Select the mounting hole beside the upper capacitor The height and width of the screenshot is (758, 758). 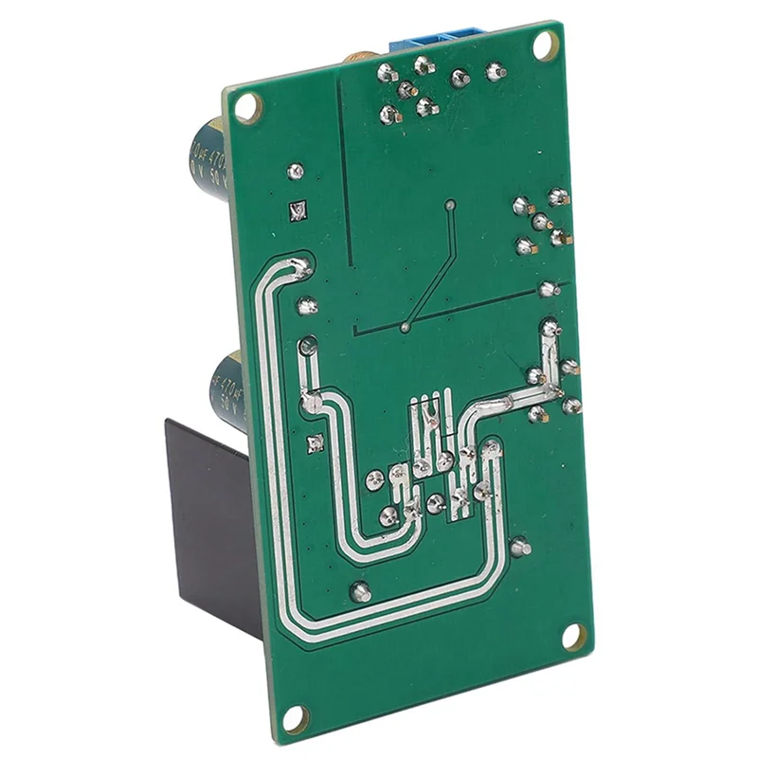(246, 108)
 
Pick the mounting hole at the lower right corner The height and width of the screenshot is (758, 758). (573, 636)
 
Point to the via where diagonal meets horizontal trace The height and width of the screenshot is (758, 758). (406, 328)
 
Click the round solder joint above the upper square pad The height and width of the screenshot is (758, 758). (295, 171)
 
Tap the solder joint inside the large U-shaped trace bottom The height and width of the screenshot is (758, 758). (359, 592)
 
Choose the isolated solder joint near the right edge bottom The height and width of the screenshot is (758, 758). (519, 547)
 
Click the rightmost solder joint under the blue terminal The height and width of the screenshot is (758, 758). (494, 70)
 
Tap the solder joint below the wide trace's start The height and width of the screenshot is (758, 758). (306, 305)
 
